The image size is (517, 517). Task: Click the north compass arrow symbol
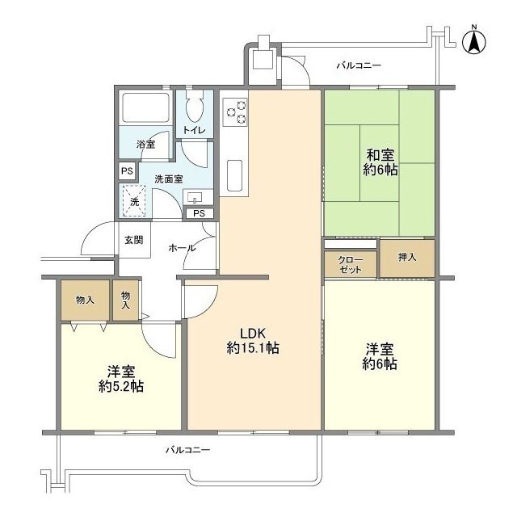point(474,41)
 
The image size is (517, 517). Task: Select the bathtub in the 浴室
point(145,107)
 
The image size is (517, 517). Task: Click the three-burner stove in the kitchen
point(235,111)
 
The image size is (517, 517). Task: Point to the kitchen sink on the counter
point(235,175)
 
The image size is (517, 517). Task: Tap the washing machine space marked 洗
point(134,201)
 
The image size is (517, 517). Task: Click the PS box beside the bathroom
point(127,171)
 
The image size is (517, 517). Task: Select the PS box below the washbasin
point(199,213)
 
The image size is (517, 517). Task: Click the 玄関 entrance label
point(134,240)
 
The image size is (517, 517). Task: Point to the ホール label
point(182,248)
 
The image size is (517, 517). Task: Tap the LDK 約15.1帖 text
point(253,341)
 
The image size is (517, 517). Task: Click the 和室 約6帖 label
point(380,162)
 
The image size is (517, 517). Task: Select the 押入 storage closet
point(407,258)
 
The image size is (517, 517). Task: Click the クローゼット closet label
point(350,265)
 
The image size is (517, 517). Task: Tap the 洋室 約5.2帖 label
point(121,379)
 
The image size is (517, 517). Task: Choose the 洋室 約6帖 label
point(380,356)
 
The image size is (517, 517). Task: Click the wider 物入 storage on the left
point(86,300)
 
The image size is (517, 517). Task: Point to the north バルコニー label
point(359,65)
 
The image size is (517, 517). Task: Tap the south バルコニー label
point(187,450)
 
